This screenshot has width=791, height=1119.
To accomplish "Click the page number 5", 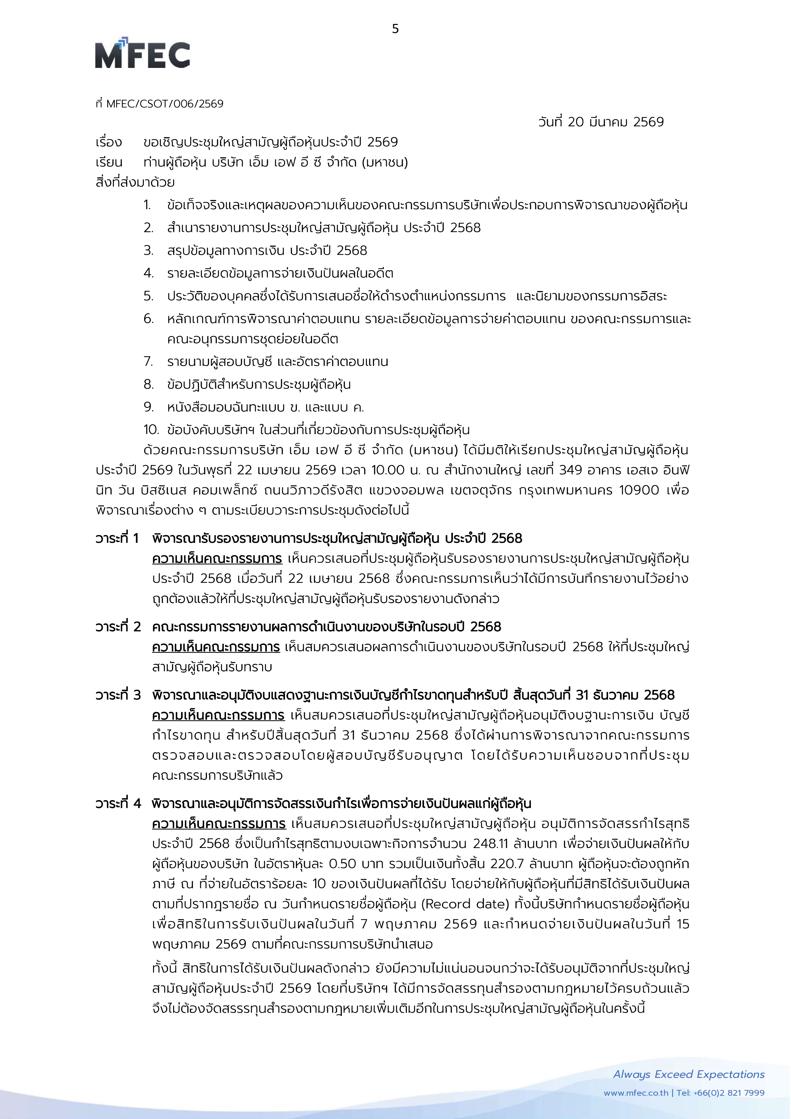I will point(395,29).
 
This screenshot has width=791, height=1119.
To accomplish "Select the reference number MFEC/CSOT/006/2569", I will point(165,104).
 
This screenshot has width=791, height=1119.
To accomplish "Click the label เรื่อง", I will point(108,142).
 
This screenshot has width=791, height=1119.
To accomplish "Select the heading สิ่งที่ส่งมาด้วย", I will point(135,183).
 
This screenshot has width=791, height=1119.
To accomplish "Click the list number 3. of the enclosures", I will point(148,251).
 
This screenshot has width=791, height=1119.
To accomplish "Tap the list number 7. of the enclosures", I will point(148,362).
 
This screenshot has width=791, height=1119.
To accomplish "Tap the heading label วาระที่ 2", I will point(118,626).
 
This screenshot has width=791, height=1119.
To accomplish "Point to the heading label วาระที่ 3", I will point(118,695).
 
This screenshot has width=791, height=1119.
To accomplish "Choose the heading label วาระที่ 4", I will point(118,803).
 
